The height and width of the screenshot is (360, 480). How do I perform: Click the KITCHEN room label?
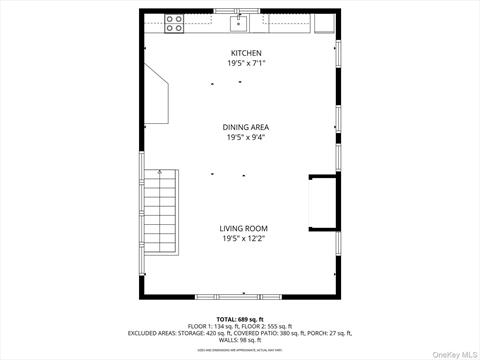[x=245, y=52]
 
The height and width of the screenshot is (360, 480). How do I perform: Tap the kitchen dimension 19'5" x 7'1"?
[x=245, y=63]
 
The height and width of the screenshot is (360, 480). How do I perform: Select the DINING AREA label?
[x=245, y=127]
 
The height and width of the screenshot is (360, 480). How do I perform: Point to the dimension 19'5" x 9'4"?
[x=245, y=138]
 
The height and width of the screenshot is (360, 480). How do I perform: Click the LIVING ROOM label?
[x=244, y=228]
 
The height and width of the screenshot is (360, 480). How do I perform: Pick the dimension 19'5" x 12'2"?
[x=244, y=239]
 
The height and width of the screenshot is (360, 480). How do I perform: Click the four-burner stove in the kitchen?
[x=174, y=23]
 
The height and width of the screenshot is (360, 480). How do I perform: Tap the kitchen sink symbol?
[x=241, y=22]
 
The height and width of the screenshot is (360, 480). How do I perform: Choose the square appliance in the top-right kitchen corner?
[x=326, y=23]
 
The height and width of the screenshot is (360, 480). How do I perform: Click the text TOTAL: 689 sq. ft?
[x=240, y=318]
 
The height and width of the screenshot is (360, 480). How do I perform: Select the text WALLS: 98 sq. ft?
[x=240, y=339]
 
